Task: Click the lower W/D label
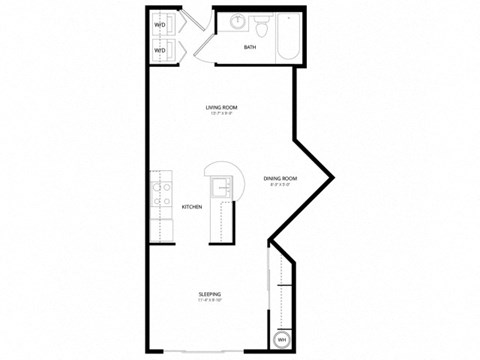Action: coord(159,49)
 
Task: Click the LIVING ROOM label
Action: coord(221,108)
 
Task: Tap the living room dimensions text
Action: coord(221,115)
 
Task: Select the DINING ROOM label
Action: coord(281,179)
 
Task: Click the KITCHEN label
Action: coord(192,207)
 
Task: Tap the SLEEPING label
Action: coord(209,294)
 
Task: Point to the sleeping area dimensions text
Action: coord(209,301)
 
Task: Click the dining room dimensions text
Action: coord(281,186)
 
